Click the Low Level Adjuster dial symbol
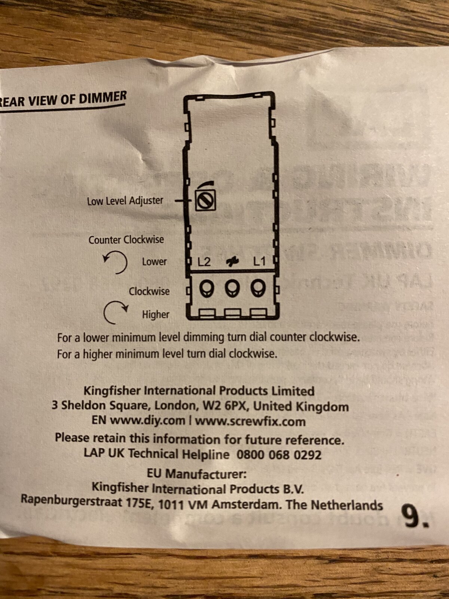coord(205,200)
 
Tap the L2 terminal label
coord(204,262)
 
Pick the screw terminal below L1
coord(258,288)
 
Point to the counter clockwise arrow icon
coord(116,262)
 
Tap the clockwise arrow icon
coord(115,312)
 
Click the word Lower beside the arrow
coord(154,261)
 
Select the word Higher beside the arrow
coord(155,314)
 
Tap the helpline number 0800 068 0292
coord(279,455)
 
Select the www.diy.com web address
coord(147,420)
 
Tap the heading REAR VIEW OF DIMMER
coord(64,99)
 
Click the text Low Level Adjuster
coord(125,201)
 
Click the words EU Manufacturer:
coord(196,474)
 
